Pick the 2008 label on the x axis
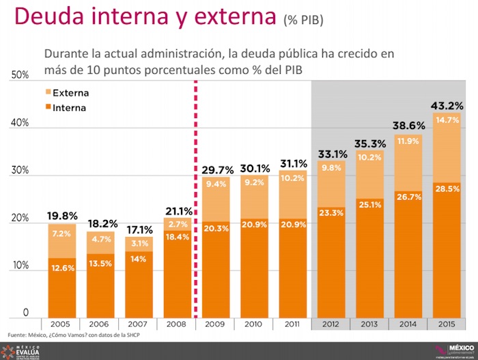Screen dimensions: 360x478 (x=177, y=324)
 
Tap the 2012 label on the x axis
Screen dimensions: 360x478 (x=331, y=324)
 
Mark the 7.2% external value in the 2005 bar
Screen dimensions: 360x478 (x=61, y=234)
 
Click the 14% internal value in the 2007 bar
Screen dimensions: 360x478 (x=138, y=260)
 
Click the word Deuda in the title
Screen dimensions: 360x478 (x=51, y=17)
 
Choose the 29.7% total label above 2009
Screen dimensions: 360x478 (x=215, y=169)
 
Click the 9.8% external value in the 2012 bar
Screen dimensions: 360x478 (x=331, y=168)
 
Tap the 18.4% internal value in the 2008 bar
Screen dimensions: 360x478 (x=177, y=236)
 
